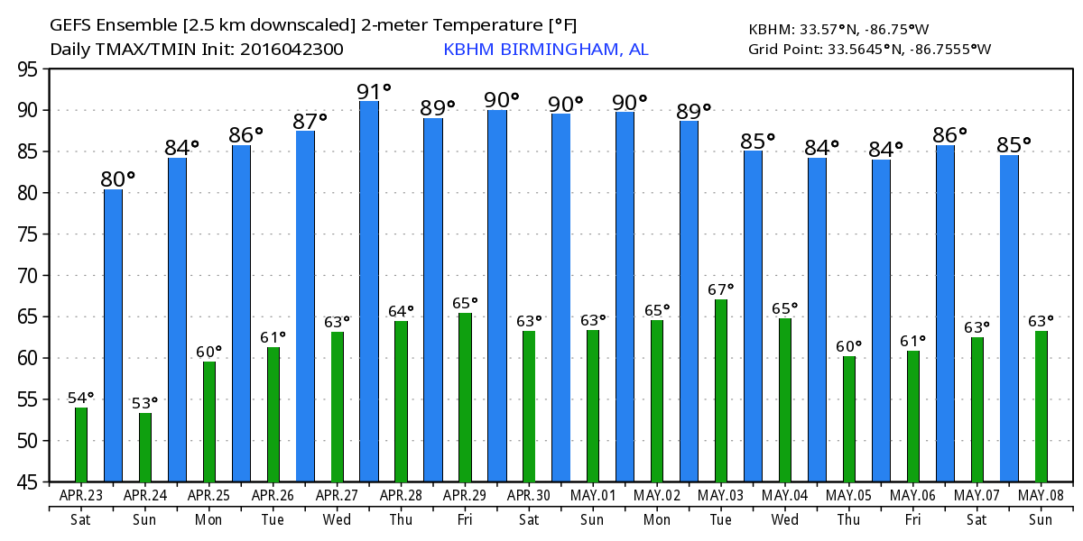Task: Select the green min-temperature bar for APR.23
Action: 81,445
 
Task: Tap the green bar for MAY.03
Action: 721,390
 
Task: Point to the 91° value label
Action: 374,91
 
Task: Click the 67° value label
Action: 720,289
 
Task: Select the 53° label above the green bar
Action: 144,402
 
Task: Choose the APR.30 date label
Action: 529,495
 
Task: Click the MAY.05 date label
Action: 849,495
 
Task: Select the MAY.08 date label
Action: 1041,495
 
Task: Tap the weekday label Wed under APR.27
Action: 337,520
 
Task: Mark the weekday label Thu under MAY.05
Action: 849,520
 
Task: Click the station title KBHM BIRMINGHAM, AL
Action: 545,50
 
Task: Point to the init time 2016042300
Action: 292,50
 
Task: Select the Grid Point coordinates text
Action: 869,49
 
